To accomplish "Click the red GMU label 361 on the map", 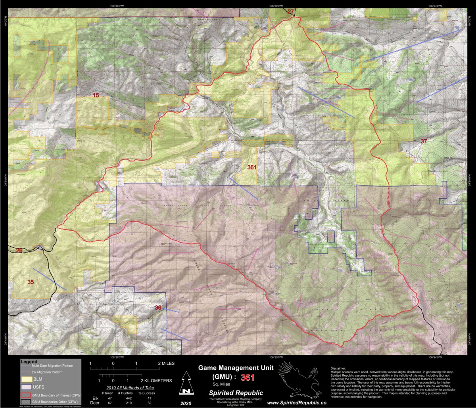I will (251, 167).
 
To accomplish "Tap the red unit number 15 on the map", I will (96, 95).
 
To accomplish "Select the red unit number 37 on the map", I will (424, 141).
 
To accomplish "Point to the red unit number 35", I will (31, 282).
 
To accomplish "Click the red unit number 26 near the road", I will (19, 250).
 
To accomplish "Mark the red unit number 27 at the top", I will (291, 11).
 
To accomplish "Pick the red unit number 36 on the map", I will (158, 308).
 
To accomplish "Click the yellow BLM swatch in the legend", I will (26, 379).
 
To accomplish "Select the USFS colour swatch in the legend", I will (26, 387).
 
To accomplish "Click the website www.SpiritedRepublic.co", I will (296, 402).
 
